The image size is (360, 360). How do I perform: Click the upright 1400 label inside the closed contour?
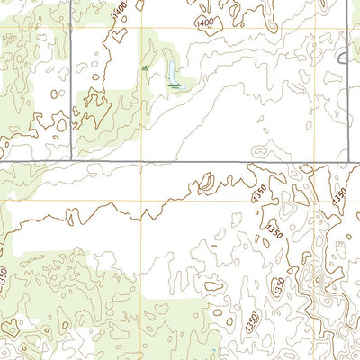tap(205, 22)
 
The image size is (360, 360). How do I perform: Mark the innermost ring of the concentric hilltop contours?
tap(318, 286)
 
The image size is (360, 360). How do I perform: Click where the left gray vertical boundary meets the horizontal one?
tap(71, 162)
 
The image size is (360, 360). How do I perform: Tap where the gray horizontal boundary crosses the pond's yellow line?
tap(141, 162)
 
